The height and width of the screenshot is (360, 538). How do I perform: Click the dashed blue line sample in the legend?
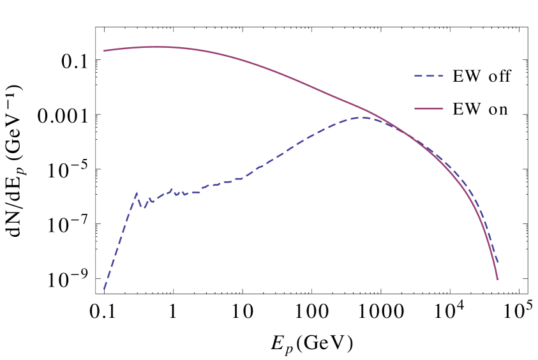pos(429,76)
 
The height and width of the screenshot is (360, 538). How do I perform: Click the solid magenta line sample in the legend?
pos(429,109)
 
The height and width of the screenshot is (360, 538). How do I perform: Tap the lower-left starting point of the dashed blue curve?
pos(104,289)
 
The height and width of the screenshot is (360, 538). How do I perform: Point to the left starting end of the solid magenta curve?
pos(104,50)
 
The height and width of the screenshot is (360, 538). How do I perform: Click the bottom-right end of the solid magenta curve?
pos(498,280)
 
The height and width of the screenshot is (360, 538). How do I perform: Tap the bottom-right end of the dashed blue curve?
pos(498,262)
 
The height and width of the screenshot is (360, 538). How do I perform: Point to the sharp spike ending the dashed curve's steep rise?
pos(137,193)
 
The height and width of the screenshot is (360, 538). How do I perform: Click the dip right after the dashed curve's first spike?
pos(144,208)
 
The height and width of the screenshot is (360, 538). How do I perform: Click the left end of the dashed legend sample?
pos(415,76)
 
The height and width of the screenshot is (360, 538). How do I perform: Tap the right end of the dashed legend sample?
pos(443,76)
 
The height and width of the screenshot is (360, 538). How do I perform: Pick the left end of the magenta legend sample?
pos(415,109)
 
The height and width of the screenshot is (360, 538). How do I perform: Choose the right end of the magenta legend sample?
pos(443,109)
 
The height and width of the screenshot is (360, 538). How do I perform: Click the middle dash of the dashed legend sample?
pos(429,76)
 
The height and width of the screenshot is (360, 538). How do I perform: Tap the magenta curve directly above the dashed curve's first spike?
pos(137,47)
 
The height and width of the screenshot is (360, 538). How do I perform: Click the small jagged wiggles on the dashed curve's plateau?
pos(179,192)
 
